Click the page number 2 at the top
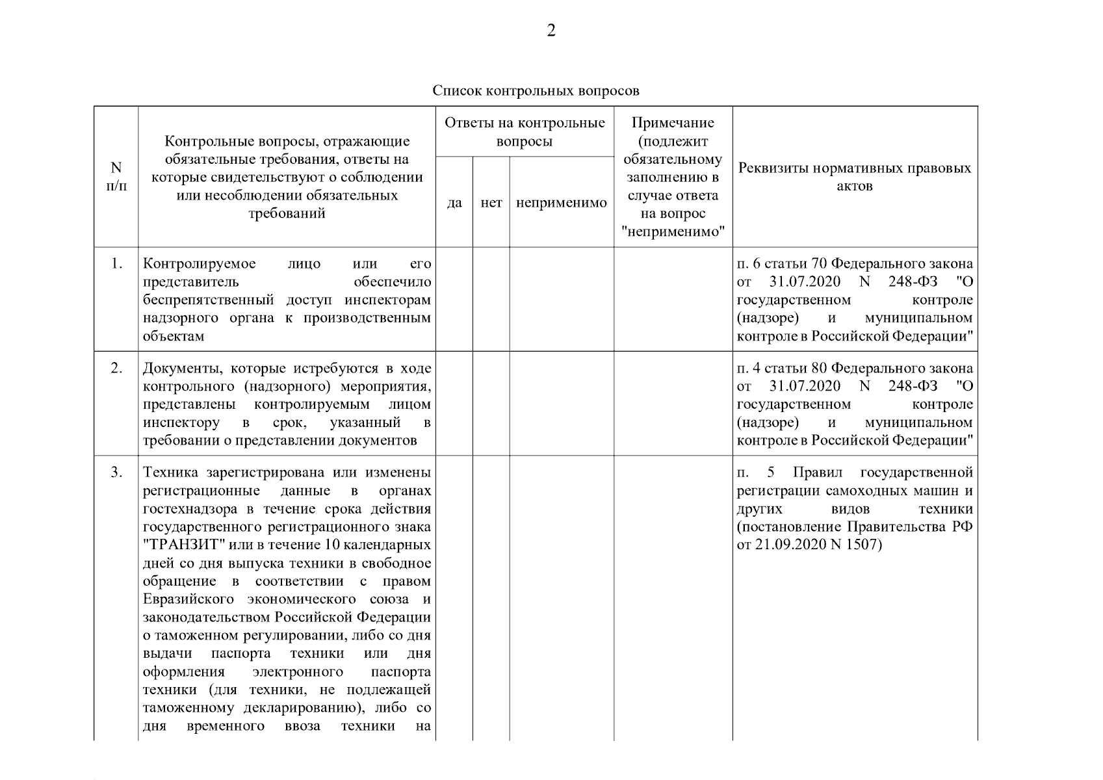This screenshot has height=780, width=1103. click(x=551, y=31)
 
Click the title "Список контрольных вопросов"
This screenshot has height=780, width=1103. click(x=536, y=90)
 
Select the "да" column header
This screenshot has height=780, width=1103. click(x=454, y=203)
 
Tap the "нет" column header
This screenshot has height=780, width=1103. click(x=491, y=203)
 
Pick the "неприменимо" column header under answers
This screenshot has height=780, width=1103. click(x=562, y=203)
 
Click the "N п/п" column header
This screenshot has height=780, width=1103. click(x=116, y=176)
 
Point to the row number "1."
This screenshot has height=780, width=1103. click(x=116, y=264)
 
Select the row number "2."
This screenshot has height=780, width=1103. click(x=116, y=368)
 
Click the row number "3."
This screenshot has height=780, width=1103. click(x=116, y=472)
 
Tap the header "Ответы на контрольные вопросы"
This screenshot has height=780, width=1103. click(x=525, y=132)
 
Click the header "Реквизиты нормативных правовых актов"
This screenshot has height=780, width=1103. click(x=855, y=177)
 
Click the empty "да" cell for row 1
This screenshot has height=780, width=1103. click(x=454, y=299)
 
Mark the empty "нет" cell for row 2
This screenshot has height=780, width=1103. click(x=491, y=403)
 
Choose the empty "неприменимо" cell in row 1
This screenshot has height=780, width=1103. click(x=562, y=299)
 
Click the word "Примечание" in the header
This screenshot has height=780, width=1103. click(x=673, y=123)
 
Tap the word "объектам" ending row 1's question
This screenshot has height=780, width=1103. click(x=174, y=337)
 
